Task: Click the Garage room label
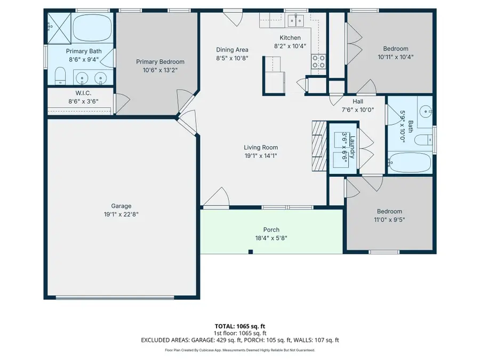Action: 121,206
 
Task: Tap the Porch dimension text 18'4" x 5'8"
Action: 271,238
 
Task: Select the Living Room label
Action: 261,148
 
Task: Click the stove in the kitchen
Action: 318,62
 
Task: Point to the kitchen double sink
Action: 294,21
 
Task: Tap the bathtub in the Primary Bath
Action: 93,28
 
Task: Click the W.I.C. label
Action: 79,93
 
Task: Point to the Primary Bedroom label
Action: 160,62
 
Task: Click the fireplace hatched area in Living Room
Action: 318,145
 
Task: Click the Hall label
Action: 358,102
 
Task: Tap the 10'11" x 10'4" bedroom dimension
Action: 396,57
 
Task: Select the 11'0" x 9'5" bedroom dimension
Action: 389,219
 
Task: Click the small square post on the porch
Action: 250,251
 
